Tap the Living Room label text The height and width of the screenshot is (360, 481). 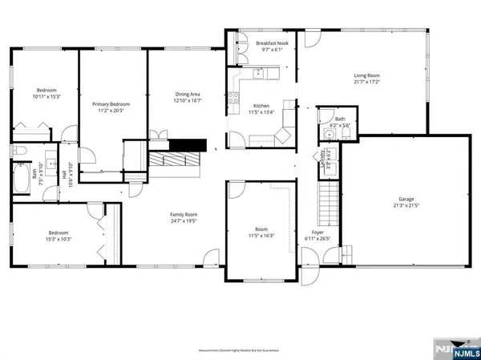pos(366,75)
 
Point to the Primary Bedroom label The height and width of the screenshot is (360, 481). pos(111,104)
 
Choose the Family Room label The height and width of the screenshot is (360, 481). pos(183,214)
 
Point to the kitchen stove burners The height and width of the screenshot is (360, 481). pos(234,99)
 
